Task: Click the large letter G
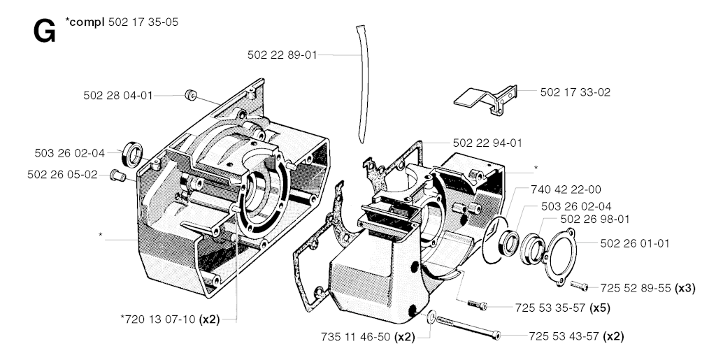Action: (45, 31)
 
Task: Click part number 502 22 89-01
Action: (282, 54)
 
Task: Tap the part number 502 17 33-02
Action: (575, 92)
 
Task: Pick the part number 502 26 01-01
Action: (635, 243)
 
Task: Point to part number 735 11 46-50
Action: (357, 337)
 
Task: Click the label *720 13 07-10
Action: (158, 320)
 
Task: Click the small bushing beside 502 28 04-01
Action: (189, 95)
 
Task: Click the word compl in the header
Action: (87, 22)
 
